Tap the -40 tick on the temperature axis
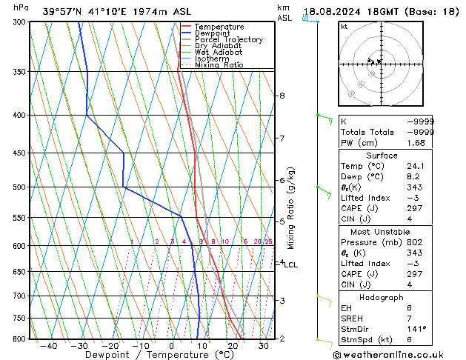[x=49, y=346]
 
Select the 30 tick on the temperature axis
[x=263, y=346]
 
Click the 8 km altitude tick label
[x=282, y=96]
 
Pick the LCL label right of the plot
[x=290, y=264]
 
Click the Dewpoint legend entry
[x=213, y=33]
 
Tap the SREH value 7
[x=431, y=318]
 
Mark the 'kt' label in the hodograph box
[x=344, y=27]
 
